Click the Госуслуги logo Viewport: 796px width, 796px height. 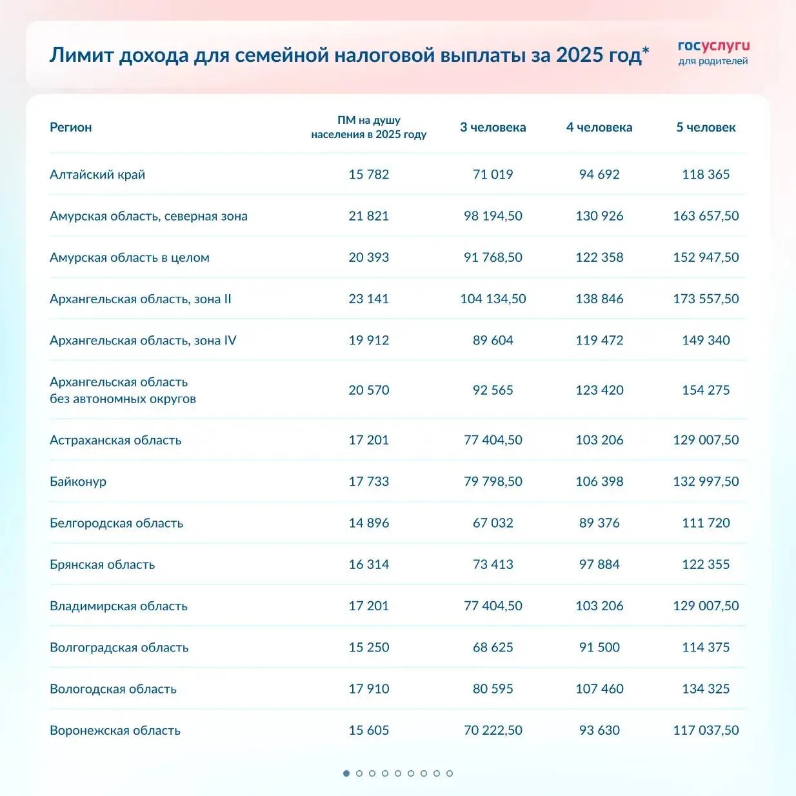point(713,46)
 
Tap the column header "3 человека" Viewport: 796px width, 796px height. point(493,127)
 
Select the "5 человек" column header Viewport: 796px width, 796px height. point(706,127)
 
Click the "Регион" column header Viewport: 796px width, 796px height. point(71,127)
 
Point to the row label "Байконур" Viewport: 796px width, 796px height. point(78,481)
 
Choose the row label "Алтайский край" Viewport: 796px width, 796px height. point(97,174)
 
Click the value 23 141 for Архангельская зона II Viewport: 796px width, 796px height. point(368,299)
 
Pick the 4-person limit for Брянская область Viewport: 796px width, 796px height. point(599,564)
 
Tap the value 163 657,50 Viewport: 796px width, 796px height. point(706,216)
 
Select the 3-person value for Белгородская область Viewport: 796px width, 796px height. point(493,523)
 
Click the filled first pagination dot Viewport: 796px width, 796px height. point(346,773)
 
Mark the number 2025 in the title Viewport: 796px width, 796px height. point(579,55)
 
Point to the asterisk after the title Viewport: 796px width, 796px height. point(646,50)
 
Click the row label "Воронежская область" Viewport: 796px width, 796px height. point(115,730)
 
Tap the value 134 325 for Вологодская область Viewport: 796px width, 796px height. point(706,689)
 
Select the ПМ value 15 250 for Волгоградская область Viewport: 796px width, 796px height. point(368,647)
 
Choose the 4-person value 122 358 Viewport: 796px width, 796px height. point(599,257)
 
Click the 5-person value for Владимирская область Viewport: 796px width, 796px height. point(706,606)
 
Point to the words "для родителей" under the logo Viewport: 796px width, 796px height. point(713,61)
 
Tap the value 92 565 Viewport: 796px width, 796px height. point(493,390)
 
